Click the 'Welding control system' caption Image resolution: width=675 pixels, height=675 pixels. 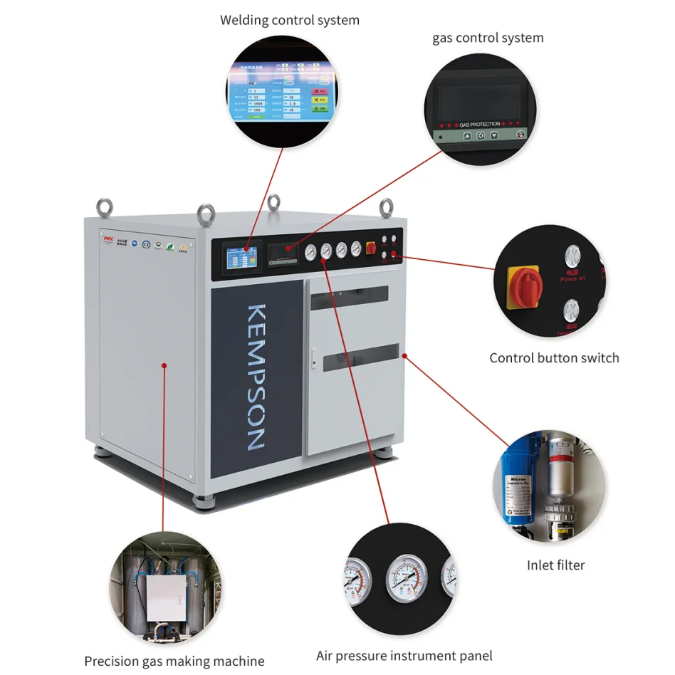click(289, 20)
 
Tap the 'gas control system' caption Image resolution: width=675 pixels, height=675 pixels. click(488, 38)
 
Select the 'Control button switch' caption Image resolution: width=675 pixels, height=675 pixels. click(554, 357)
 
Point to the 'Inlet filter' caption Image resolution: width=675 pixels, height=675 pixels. click(555, 565)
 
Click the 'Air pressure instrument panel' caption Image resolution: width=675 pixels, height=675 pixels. click(404, 656)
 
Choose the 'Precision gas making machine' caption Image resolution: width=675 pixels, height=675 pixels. click(174, 661)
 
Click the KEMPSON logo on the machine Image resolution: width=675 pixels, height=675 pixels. click(256, 377)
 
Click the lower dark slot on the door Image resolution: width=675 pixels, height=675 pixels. click(360, 357)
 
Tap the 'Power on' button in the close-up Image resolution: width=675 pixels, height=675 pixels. click(572, 258)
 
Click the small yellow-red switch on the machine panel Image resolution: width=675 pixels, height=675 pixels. click(370, 248)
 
